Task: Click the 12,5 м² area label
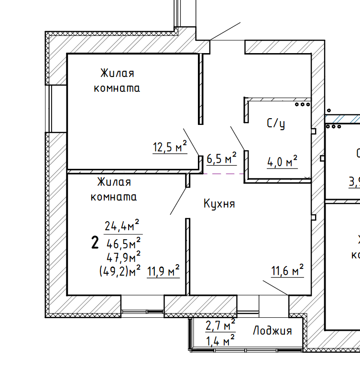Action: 169,147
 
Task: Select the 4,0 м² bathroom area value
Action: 282,162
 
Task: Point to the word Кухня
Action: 219,204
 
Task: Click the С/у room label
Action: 276,124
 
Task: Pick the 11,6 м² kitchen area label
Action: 288,272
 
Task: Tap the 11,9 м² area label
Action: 163,271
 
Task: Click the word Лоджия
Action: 272,331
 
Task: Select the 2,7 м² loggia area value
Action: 220,326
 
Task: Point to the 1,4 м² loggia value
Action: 220,341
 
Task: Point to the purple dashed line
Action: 218,173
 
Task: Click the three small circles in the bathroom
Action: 302,104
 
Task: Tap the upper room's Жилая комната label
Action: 117,80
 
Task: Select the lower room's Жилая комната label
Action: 114,189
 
